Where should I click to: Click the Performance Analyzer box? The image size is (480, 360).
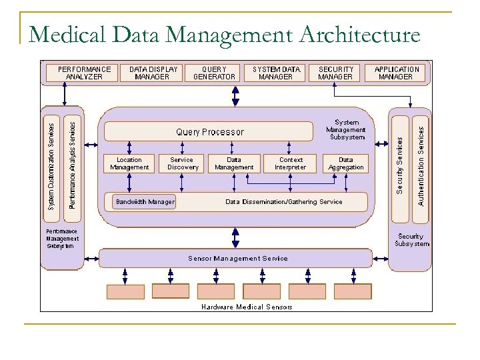click(84, 73)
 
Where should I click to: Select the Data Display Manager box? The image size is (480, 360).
click(153, 73)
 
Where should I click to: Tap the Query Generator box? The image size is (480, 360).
click(214, 73)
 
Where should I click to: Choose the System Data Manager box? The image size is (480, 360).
click(277, 73)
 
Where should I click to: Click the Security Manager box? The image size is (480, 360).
click(335, 73)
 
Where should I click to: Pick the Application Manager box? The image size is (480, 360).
click(397, 73)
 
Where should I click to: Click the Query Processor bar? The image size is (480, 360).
click(209, 131)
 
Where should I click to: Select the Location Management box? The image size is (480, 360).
click(129, 163)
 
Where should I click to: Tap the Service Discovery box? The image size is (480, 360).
click(181, 163)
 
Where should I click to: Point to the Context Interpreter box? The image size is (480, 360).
click(291, 163)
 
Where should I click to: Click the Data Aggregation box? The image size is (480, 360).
click(346, 163)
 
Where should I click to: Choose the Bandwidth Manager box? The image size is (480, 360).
click(145, 201)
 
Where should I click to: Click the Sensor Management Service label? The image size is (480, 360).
click(237, 258)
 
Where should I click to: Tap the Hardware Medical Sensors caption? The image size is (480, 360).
click(247, 307)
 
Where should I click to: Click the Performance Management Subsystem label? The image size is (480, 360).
click(62, 239)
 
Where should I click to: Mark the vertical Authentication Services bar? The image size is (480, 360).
click(420, 161)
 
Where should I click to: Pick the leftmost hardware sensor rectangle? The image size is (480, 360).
click(125, 291)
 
